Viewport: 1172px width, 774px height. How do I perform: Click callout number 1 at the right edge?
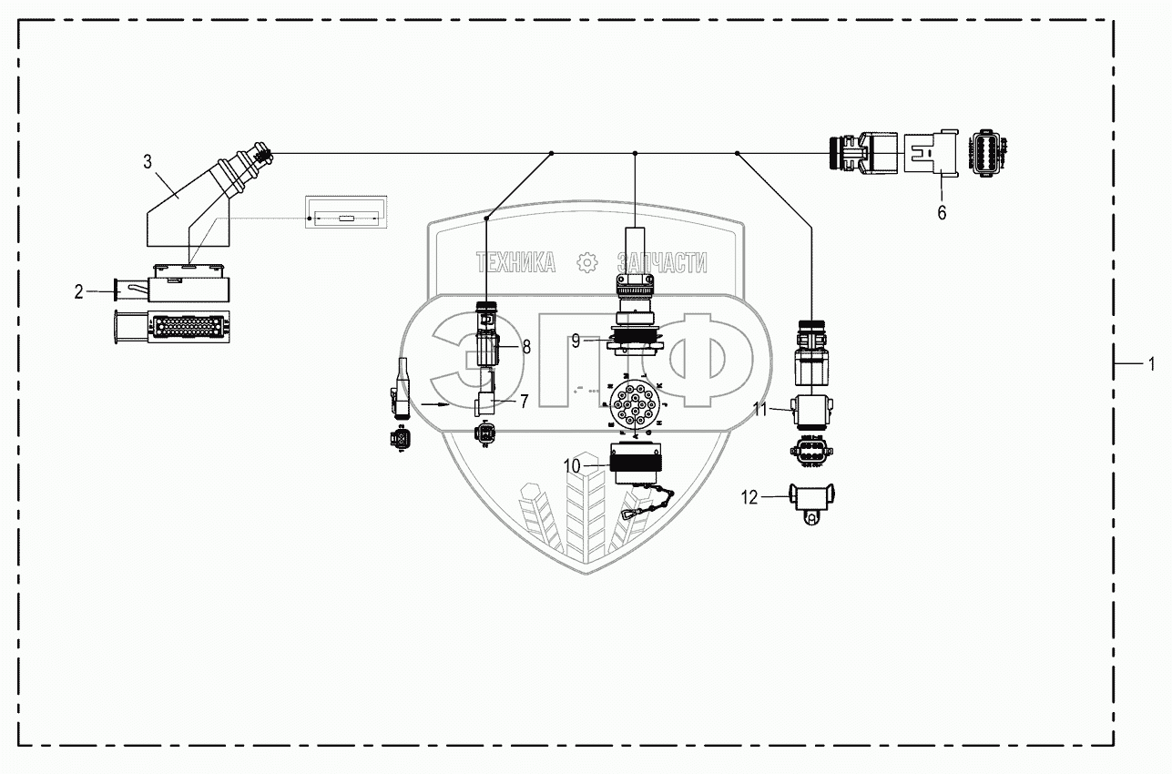click(1151, 365)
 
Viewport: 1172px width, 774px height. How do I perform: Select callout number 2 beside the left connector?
click(79, 291)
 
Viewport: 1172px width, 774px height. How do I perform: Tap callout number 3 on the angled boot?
click(148, 163)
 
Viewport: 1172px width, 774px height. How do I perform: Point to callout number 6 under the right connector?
click(942, 213)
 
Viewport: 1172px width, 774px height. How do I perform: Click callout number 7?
click(524, 402)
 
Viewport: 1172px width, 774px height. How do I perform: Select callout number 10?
click(571, 465)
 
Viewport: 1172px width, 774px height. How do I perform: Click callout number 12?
click(749, 497)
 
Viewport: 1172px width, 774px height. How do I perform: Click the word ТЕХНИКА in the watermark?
click(515, 263)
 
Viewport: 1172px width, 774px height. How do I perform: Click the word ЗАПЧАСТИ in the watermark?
click(662, 263)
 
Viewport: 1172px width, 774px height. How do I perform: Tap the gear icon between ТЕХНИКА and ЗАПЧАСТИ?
click(587, 263)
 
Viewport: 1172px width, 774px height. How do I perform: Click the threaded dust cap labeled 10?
click(634, 467)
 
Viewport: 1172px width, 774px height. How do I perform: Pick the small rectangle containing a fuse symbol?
click(346, 219)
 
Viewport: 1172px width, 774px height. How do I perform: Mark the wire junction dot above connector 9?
click(635, 154)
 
